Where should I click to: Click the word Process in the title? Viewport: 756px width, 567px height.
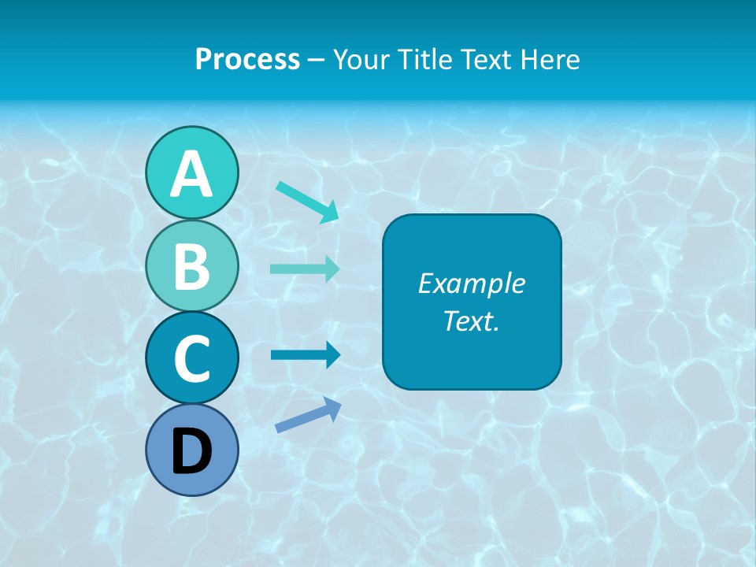tap(247, 59)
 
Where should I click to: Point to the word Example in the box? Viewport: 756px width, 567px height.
tap(472, 283)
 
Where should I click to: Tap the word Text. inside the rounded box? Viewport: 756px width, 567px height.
tap(472, 321)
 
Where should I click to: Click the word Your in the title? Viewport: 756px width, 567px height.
tap(362, 59)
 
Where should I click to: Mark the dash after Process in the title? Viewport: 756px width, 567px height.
tap(317, 60)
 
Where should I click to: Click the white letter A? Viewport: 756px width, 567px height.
tap(191, 174)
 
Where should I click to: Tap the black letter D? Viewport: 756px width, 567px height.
tap(191, 451)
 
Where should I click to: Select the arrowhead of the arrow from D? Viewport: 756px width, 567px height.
tap(332, 406)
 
